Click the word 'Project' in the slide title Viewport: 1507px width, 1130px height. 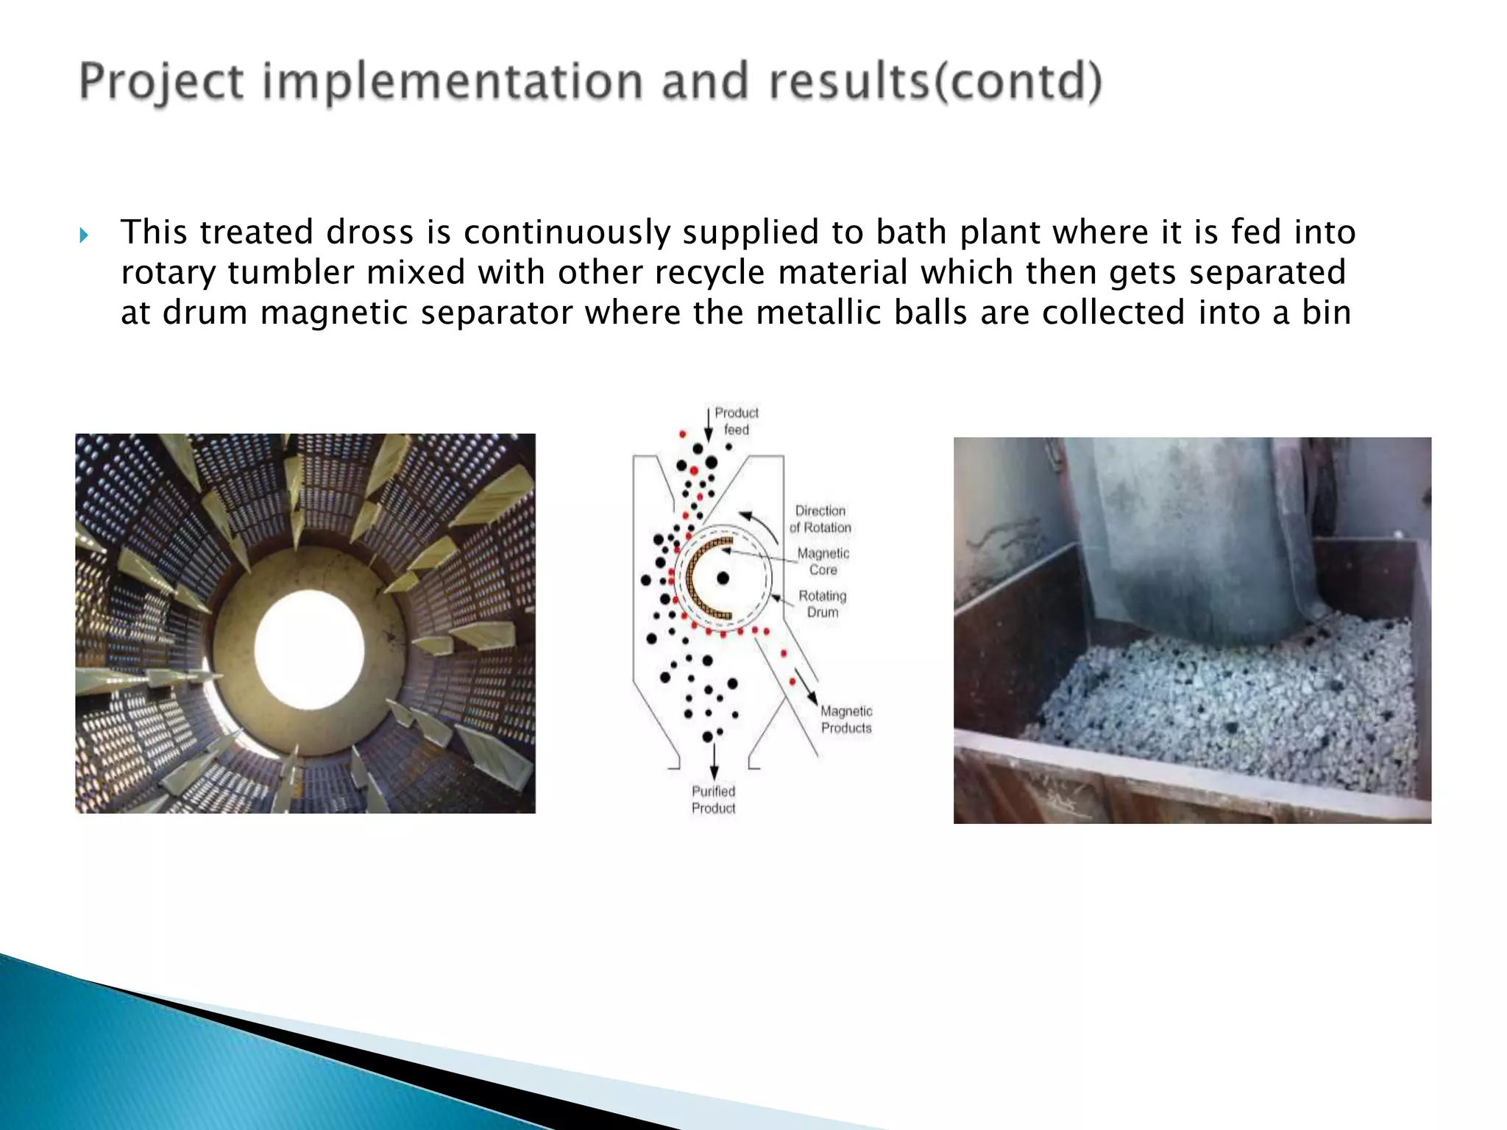tap(160, 82)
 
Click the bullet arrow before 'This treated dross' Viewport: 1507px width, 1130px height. tap(83, 235)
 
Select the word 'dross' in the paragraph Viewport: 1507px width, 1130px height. tap(369, 232)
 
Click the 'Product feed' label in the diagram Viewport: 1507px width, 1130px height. tap(736, 421)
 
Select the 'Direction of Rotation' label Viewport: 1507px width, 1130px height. tap(820, 519)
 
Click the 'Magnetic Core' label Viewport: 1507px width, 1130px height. tap(823, 561)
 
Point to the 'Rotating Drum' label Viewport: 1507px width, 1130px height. tap(823, 603)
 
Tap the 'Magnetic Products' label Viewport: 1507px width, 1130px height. tap(846, 719)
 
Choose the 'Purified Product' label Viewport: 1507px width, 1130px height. tap(713, 800)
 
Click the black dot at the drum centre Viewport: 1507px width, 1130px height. tap(723, 578)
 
